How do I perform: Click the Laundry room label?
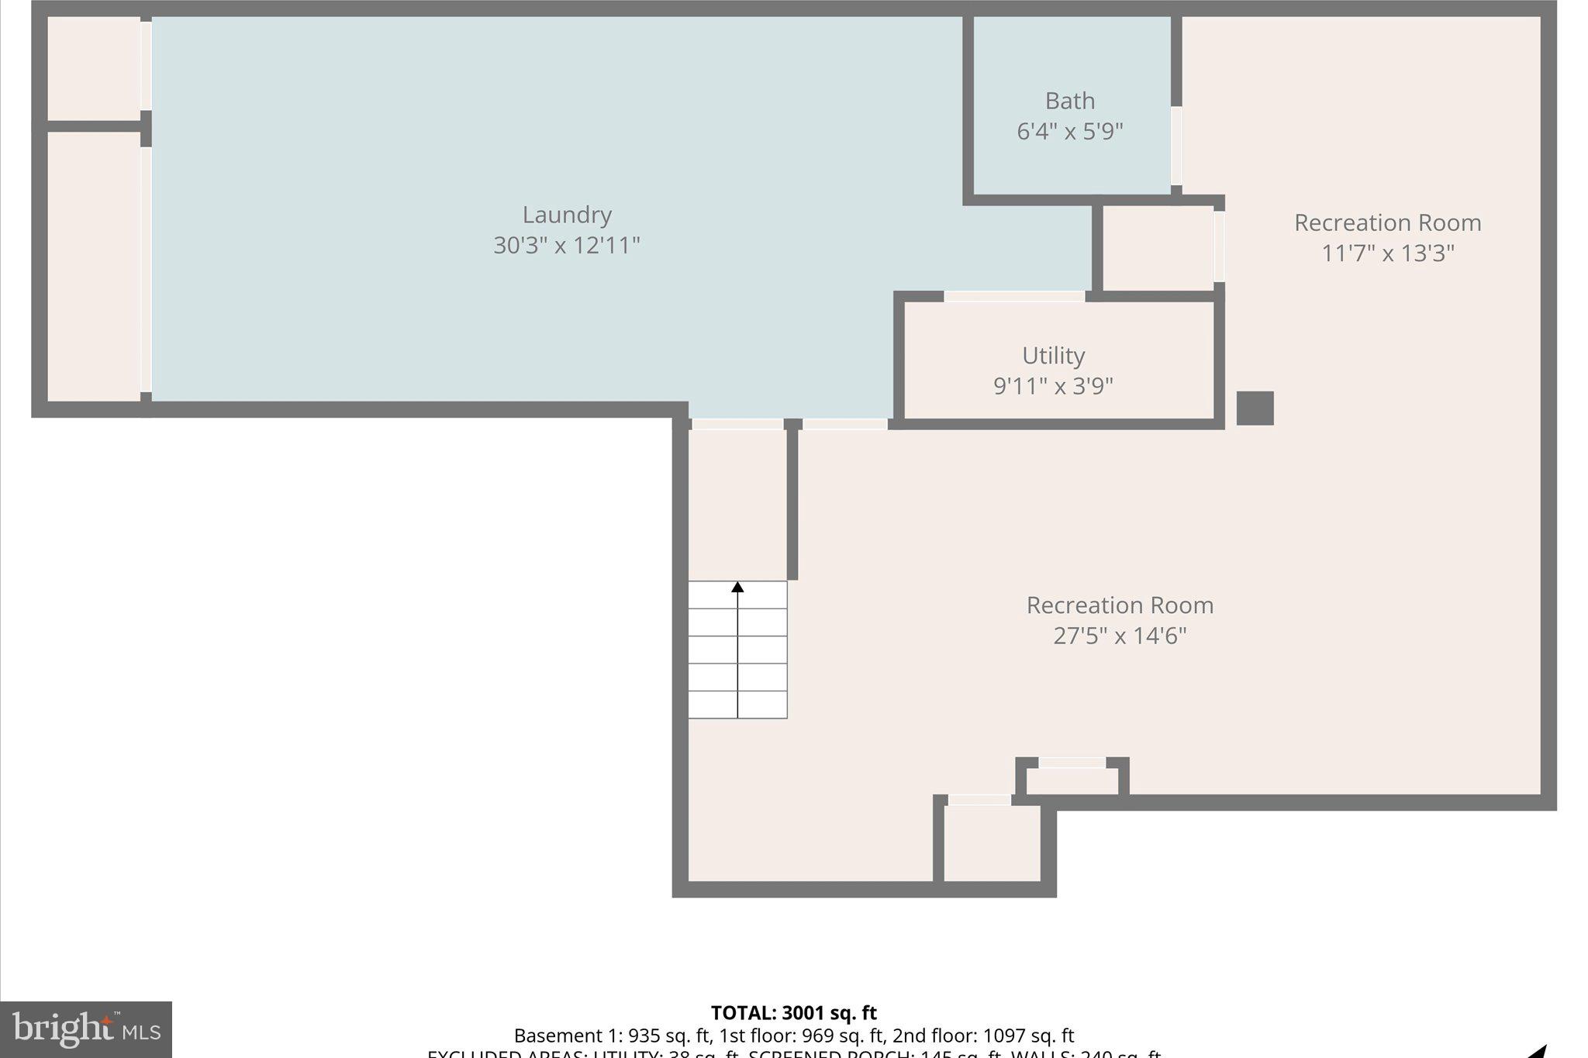coord(567,215)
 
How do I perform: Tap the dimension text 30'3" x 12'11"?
coord(567,246)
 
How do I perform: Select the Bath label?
coord(1070,101)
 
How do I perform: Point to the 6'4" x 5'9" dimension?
coord(1070,131)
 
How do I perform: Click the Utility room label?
coord(1053,356)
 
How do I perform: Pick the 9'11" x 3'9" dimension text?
coord(1053,385)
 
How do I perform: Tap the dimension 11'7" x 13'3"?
coord(1387,253)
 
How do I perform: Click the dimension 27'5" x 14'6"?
coord(1120,636)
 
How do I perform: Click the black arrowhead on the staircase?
coord(737,588)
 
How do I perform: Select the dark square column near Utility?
coord(1255,408)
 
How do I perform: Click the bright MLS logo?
coord(86,1029)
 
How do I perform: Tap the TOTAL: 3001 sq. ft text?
coord(793,1013)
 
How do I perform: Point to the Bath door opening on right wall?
coord(1176,146)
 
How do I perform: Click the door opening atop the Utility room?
coord(1013,297)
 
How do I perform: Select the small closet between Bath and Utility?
coord(1157,248)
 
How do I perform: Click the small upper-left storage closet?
coord(94,68)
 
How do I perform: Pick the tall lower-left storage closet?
coord(94,267)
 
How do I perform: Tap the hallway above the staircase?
coord(737,504)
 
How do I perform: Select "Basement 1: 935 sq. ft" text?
coord(613,1036)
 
